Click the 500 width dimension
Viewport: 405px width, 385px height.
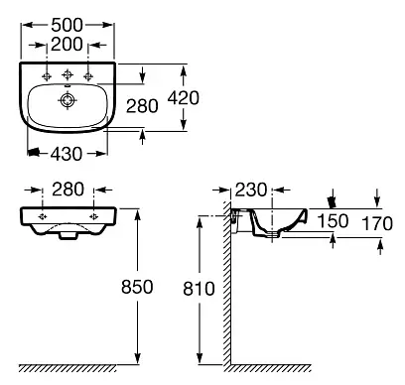pyautogui.click(x=67, y=25)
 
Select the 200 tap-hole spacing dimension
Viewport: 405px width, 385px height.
pyautogui.click(x=67, y=45)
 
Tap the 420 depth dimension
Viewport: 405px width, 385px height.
pyautogui.click(x=183, y=98)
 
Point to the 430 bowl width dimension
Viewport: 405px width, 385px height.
pyautogui.click(x=67, y=154)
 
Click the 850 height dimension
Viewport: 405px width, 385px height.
pyautogui.click(x=137, y=287)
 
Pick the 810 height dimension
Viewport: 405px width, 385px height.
pyautogui.click(x=199, y=289)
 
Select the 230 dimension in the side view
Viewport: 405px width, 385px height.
pyautogui.click(x=251, y=190)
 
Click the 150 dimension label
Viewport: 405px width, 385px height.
pyautogui.click(x=333, y=221)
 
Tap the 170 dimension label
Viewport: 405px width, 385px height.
pyautogui.click(x=377, y=223)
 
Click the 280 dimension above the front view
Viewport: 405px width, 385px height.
pyautogui.click(x=68, y=190)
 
